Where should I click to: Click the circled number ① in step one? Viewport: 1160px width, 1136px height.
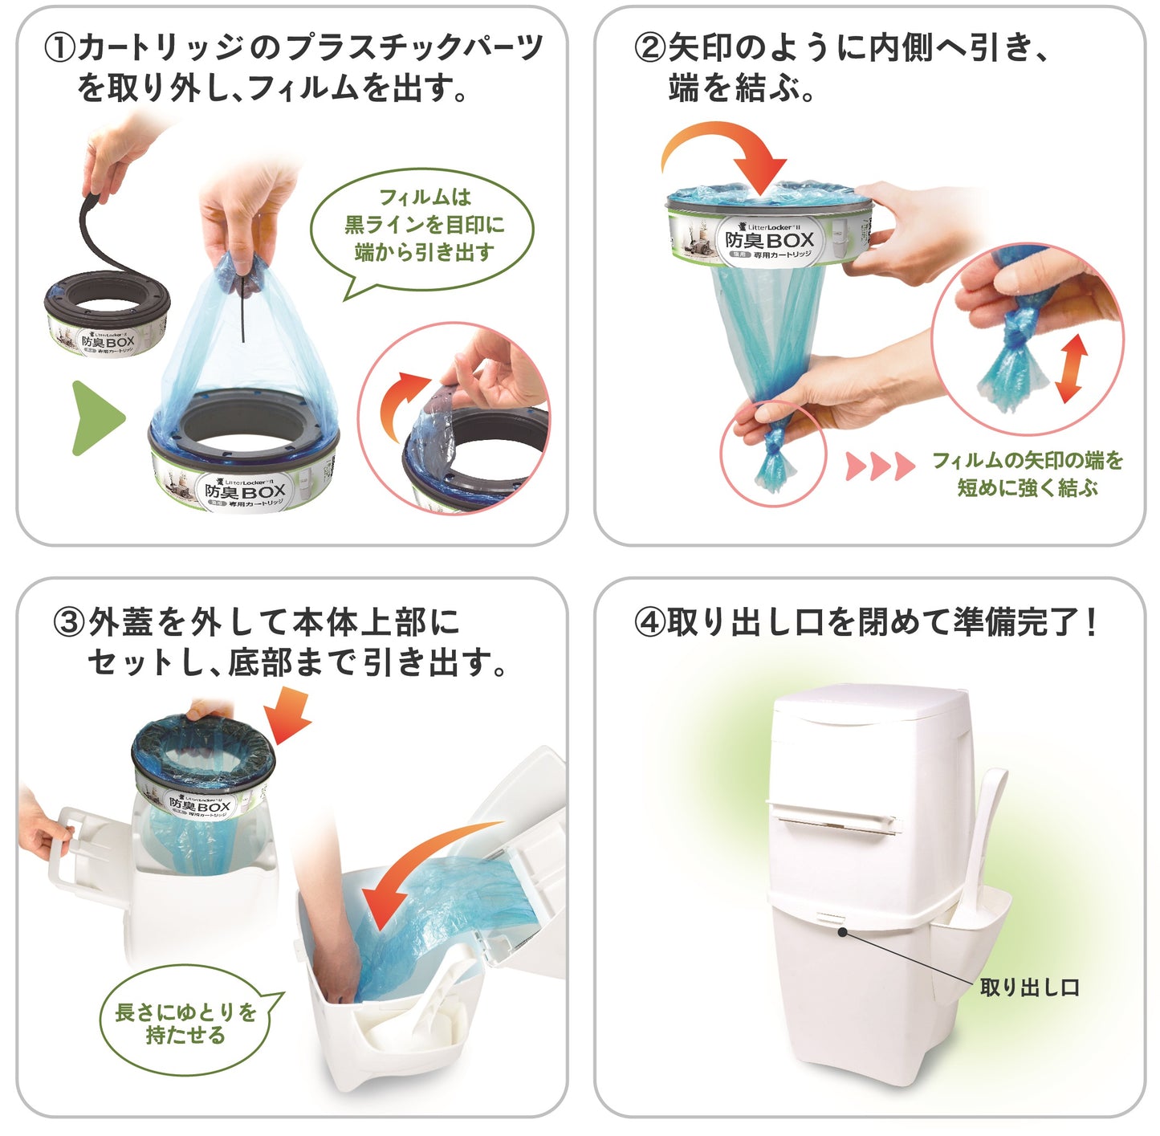60,48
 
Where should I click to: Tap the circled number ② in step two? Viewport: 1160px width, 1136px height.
649,48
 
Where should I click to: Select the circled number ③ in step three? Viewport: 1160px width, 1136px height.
69,623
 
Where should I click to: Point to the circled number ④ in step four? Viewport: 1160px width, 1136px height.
649,623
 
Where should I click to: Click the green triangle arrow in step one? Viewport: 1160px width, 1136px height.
96,418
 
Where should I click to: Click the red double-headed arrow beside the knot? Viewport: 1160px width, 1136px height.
1072,368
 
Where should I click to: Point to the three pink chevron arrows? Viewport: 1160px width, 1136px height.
880,465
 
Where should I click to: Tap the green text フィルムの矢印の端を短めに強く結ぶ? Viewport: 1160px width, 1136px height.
1027,474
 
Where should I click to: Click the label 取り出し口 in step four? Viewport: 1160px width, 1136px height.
1029,987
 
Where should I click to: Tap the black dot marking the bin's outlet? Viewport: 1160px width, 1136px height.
842,931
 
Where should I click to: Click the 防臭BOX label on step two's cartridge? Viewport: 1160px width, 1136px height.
769,240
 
